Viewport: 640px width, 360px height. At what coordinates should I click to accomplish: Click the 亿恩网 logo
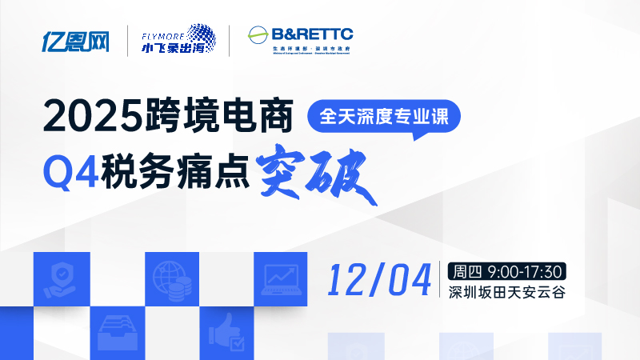pos(75,40)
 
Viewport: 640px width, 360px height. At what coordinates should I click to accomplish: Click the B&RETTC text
pos(312,34)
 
